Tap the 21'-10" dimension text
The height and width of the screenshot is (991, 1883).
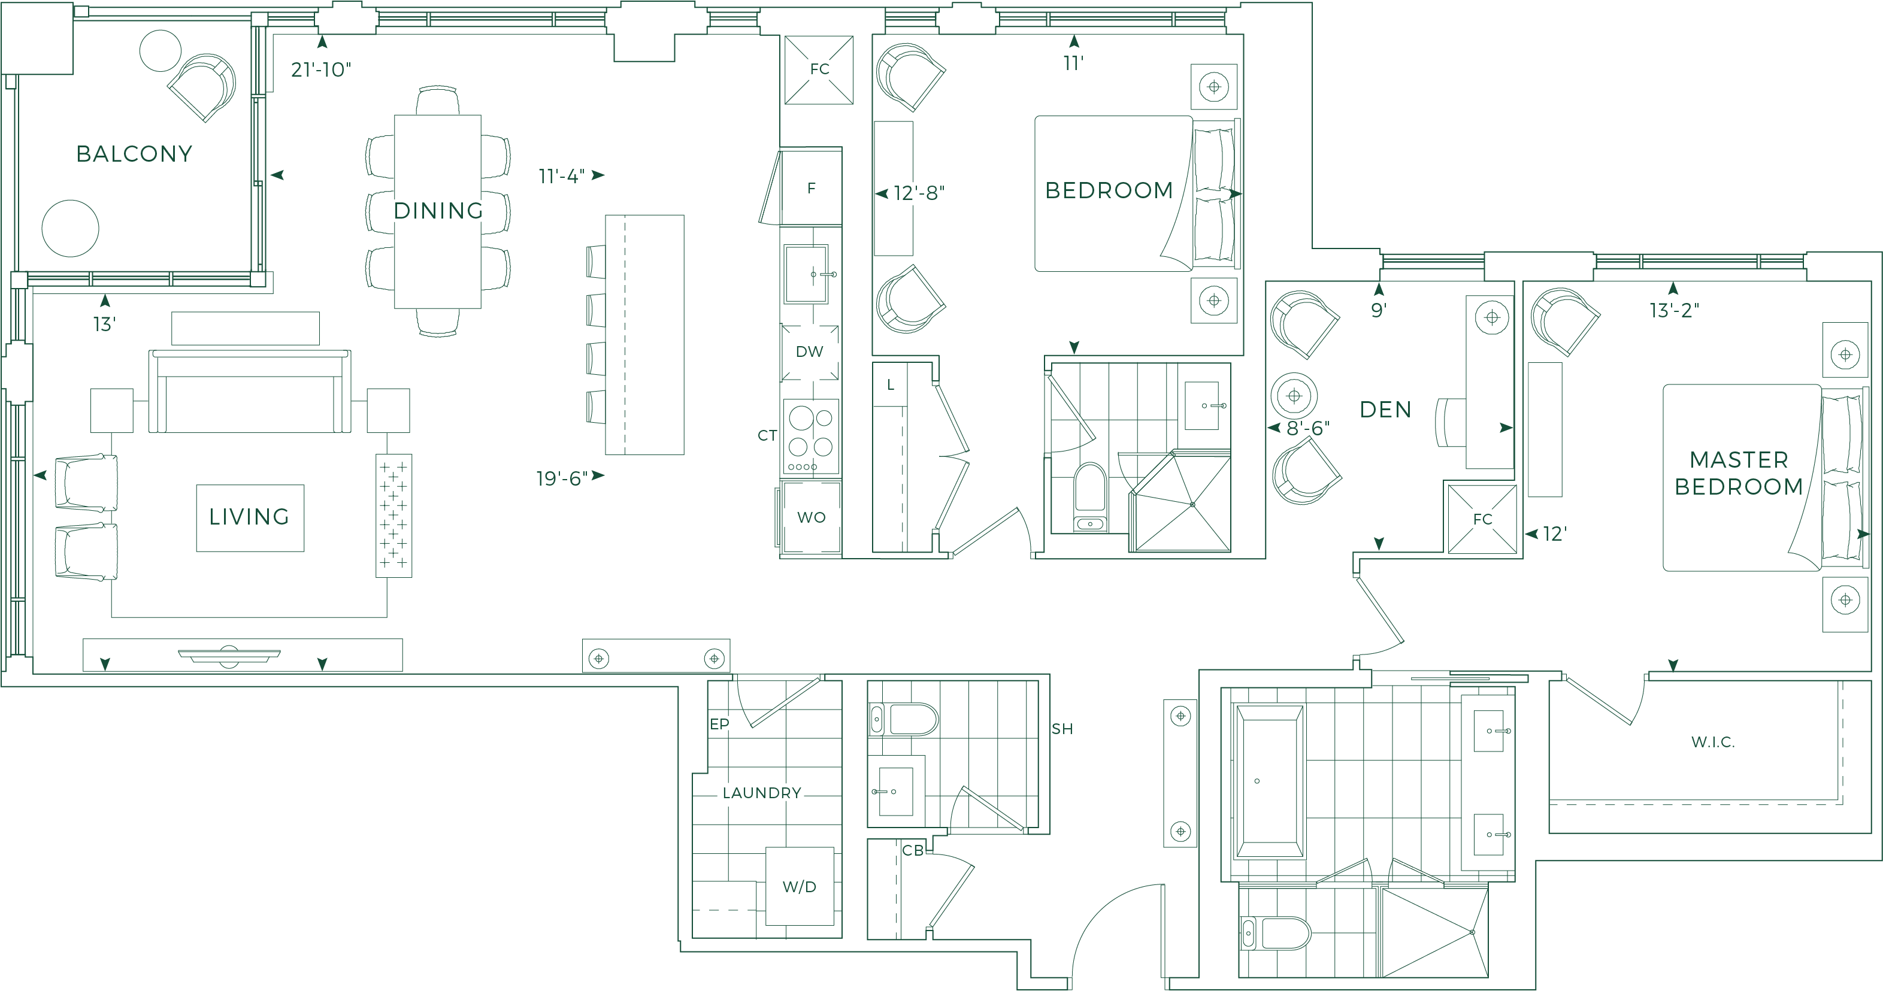tap(321, 69)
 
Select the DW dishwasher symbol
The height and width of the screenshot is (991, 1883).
tap(809, 351)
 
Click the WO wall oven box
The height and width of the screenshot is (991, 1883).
tap(811, 517)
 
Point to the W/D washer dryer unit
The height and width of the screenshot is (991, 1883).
tap(800, 886)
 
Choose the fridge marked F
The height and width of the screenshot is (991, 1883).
tap(812, 189)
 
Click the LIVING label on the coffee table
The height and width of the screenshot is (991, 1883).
tap(250, 517)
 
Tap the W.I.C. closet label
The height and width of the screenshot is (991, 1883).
tap(1713, 742)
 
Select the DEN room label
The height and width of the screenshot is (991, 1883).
tap(1385, 409)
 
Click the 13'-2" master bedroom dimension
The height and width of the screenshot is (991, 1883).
tap(1674, 311)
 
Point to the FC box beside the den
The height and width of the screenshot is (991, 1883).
tap(1482, 519)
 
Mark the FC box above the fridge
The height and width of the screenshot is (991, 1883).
tap(819, 69)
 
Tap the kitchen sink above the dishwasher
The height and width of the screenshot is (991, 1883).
tap(806, 274)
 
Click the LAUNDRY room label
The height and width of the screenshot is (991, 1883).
tap(762, 793)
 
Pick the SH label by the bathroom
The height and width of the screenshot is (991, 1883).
tap(1062, 729)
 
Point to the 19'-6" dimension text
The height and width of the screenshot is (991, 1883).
tap(561, 478)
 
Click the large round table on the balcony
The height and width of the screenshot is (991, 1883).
tap(70, 228)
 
